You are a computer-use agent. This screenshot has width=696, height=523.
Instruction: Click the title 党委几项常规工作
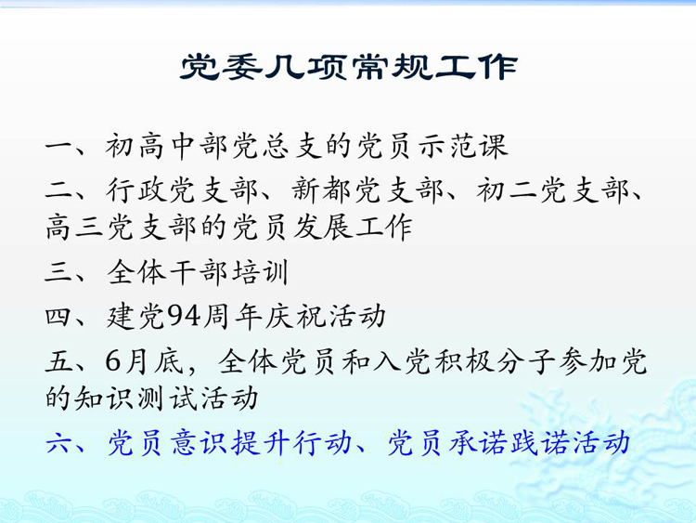click(349, 67)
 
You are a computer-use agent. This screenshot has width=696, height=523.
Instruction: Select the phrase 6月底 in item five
click(144, 360)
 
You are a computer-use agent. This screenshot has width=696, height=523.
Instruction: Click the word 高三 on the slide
click(74, 227)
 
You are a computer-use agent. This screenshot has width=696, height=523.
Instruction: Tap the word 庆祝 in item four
click(295, 317)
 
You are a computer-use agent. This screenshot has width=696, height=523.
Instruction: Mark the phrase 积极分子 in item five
click(495, 360)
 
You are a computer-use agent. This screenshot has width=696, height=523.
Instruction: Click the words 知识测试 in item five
click(135, 398)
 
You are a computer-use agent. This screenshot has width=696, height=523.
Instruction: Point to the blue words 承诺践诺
click(509, 443)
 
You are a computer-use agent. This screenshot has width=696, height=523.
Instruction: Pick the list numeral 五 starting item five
click(59, 360)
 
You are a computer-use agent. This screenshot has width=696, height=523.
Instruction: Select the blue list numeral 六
click(59, 443)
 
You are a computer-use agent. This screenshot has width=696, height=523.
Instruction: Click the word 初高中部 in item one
click(166, 145)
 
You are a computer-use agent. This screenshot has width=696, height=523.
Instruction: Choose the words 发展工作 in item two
click(353, 227)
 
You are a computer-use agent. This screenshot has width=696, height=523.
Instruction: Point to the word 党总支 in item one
click(277, 145)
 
